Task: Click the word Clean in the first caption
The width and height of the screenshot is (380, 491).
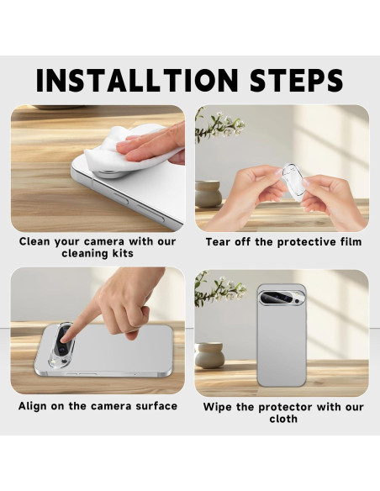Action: [x=38, y=241]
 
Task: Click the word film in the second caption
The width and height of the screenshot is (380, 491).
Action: [x=347, y=242]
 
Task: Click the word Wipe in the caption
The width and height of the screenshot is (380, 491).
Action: [x=219, y=407]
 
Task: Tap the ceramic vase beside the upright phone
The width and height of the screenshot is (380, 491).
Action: [x=208, y=355]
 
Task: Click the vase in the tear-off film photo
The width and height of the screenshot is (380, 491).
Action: [x=208, y=194]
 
